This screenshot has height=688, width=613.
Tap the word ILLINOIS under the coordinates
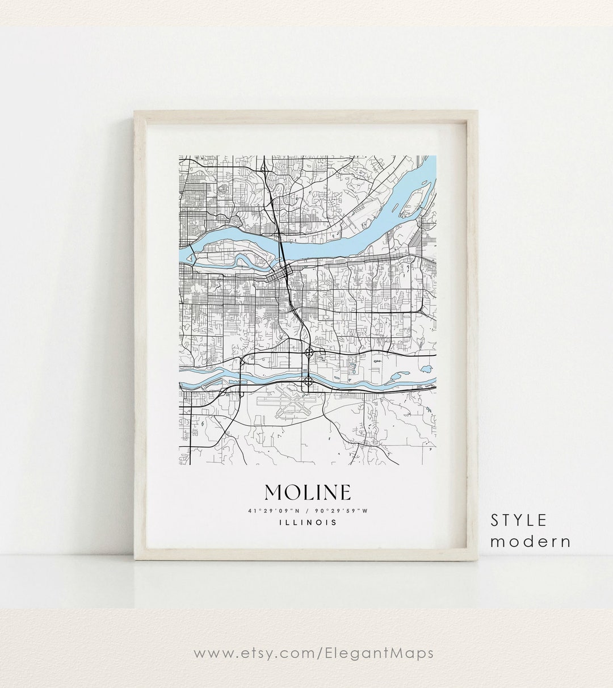(x=307, y=522)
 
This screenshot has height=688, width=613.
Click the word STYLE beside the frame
(x=519, y=519)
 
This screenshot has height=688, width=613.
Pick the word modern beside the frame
(x=530, y=541)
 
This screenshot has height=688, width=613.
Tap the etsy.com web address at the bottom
(x=313, y=653)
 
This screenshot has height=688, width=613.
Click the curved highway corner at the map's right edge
(x=425, y=309)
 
